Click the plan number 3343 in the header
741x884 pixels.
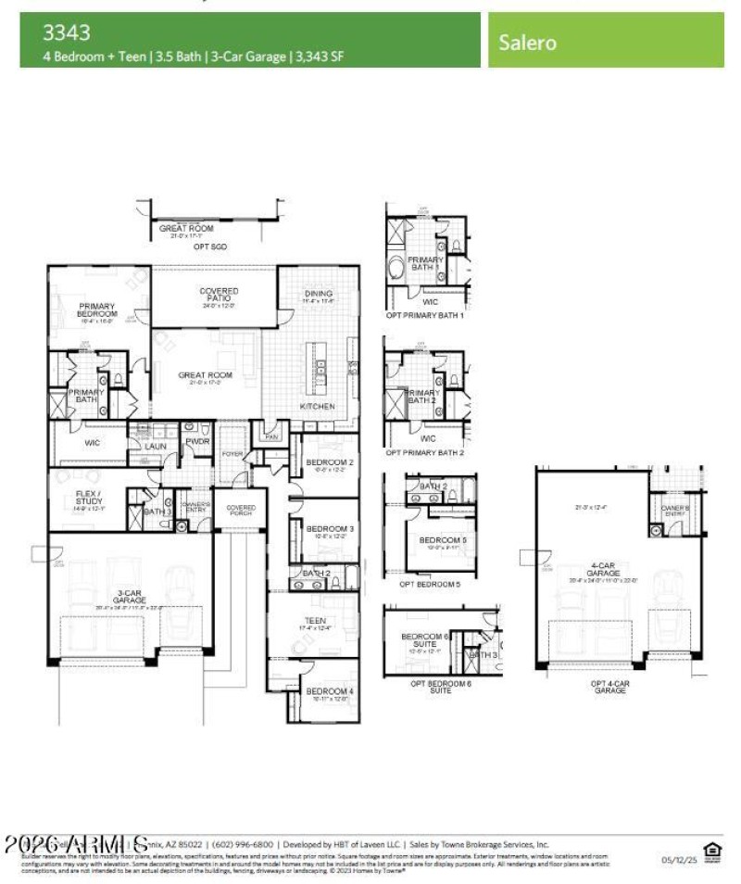click(x=66, y=33)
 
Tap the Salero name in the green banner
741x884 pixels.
click(x=528, y=42)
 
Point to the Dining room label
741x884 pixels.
click(x=318, y=295)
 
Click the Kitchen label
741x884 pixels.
click(x=317, y=407)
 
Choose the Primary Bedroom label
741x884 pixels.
click(x=96, y=309)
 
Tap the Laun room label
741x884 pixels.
click(x=155, y=446)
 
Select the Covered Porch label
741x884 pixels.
click(x=241, y=509)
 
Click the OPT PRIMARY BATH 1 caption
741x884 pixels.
click(x=425, y=315)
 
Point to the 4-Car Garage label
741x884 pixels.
click(x=602, y=570)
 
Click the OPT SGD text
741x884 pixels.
click(x=210, y=246)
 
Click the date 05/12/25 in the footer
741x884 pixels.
click(x=676, y=860)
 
